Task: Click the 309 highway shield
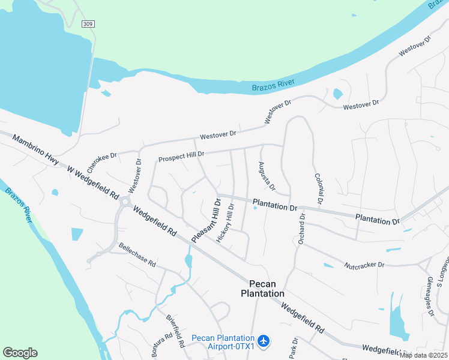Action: coord(88,23)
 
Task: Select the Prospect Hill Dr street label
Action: coord(181,157)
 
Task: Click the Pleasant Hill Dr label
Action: coord(206,221)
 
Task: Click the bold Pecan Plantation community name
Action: coord(262,289)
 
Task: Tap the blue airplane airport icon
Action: coord(265,341)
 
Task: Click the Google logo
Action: coord(20,353)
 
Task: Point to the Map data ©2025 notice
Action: coord(424,355)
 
